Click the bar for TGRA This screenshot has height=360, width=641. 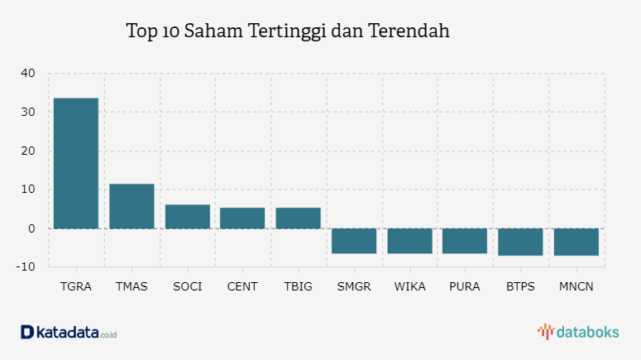(x=76, y=163)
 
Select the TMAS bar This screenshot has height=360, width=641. (x=132, y=206)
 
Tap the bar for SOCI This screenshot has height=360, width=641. (x=187, y=216)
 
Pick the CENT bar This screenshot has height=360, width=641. (x=242, y=218)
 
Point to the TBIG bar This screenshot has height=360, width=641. (x=298, y=218)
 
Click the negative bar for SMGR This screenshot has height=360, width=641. (x=354, y=241)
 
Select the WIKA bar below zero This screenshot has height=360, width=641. (x=409, y=241)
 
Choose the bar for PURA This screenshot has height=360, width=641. (x=465, y=241)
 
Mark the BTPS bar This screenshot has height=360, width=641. (x=520, y=242)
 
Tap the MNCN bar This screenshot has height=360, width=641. (x=576, y=242)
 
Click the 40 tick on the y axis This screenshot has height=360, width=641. (x=28, y=74)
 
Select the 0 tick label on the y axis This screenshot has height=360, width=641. (x=31, y=228)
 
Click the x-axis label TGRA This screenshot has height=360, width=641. (x=76, y=286)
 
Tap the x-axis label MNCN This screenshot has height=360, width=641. (x=576, y=286)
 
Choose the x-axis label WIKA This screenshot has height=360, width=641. (x=409, y=286)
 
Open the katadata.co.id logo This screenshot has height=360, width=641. (x=69, y=332)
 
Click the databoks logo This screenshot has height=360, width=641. (x=578, y=332)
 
